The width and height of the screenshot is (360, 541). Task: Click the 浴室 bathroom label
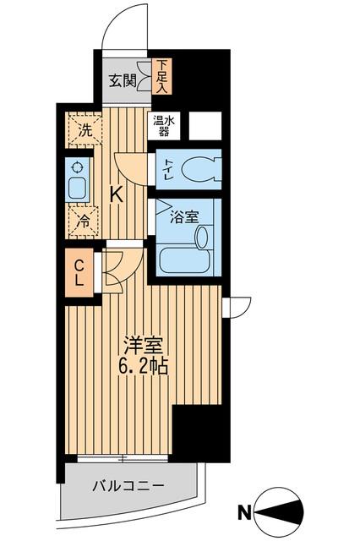click(x=185, y=216)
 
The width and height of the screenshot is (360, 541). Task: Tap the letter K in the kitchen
click(x=117, y=194)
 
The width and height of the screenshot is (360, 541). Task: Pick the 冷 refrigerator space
click(x=85, y=221)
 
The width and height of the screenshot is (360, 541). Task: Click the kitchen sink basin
click(x=78, y=188)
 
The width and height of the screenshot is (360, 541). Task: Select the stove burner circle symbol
click(x=78, y=167)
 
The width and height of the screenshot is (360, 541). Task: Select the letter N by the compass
click(x=243, y=511)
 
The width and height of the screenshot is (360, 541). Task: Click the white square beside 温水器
click(x=205, y=125)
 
